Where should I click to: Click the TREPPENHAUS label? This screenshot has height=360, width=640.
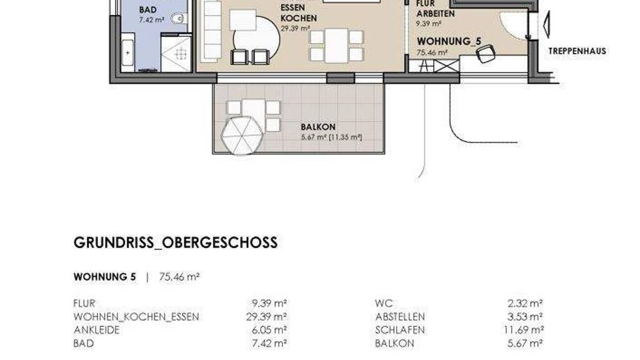tap(577, 51)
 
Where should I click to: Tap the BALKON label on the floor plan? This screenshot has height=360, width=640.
tap(318, 127)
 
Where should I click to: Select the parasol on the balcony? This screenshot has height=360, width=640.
tap(242, 136)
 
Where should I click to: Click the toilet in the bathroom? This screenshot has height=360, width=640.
tap(179, 19)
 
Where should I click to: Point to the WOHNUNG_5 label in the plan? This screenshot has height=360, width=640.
tap(449, 42)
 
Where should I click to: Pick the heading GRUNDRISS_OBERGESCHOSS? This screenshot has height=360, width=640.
tap(176, 242)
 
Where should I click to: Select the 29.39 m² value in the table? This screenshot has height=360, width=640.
tap(266, 317)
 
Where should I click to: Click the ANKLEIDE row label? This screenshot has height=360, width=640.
tap(96, 330)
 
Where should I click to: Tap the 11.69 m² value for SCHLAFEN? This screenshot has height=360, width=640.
tap(523, 330)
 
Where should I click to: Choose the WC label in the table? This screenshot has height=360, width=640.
tap(384, 304)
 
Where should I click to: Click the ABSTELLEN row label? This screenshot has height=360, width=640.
tap(400, 317)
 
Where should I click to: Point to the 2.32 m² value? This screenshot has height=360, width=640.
tap(525, 304)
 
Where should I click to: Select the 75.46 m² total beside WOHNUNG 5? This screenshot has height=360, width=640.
tap(179, 277)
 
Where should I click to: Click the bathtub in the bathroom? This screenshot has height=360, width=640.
tap(127, 52)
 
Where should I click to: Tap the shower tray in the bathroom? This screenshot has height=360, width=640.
tap(176, 54)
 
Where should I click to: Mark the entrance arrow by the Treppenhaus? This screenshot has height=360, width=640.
tap(546, 25)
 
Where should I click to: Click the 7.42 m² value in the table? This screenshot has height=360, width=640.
tap(269, 343)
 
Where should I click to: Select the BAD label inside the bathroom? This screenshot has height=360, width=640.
tap(147, 10)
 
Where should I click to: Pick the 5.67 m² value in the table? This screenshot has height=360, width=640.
tap(525, 343)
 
